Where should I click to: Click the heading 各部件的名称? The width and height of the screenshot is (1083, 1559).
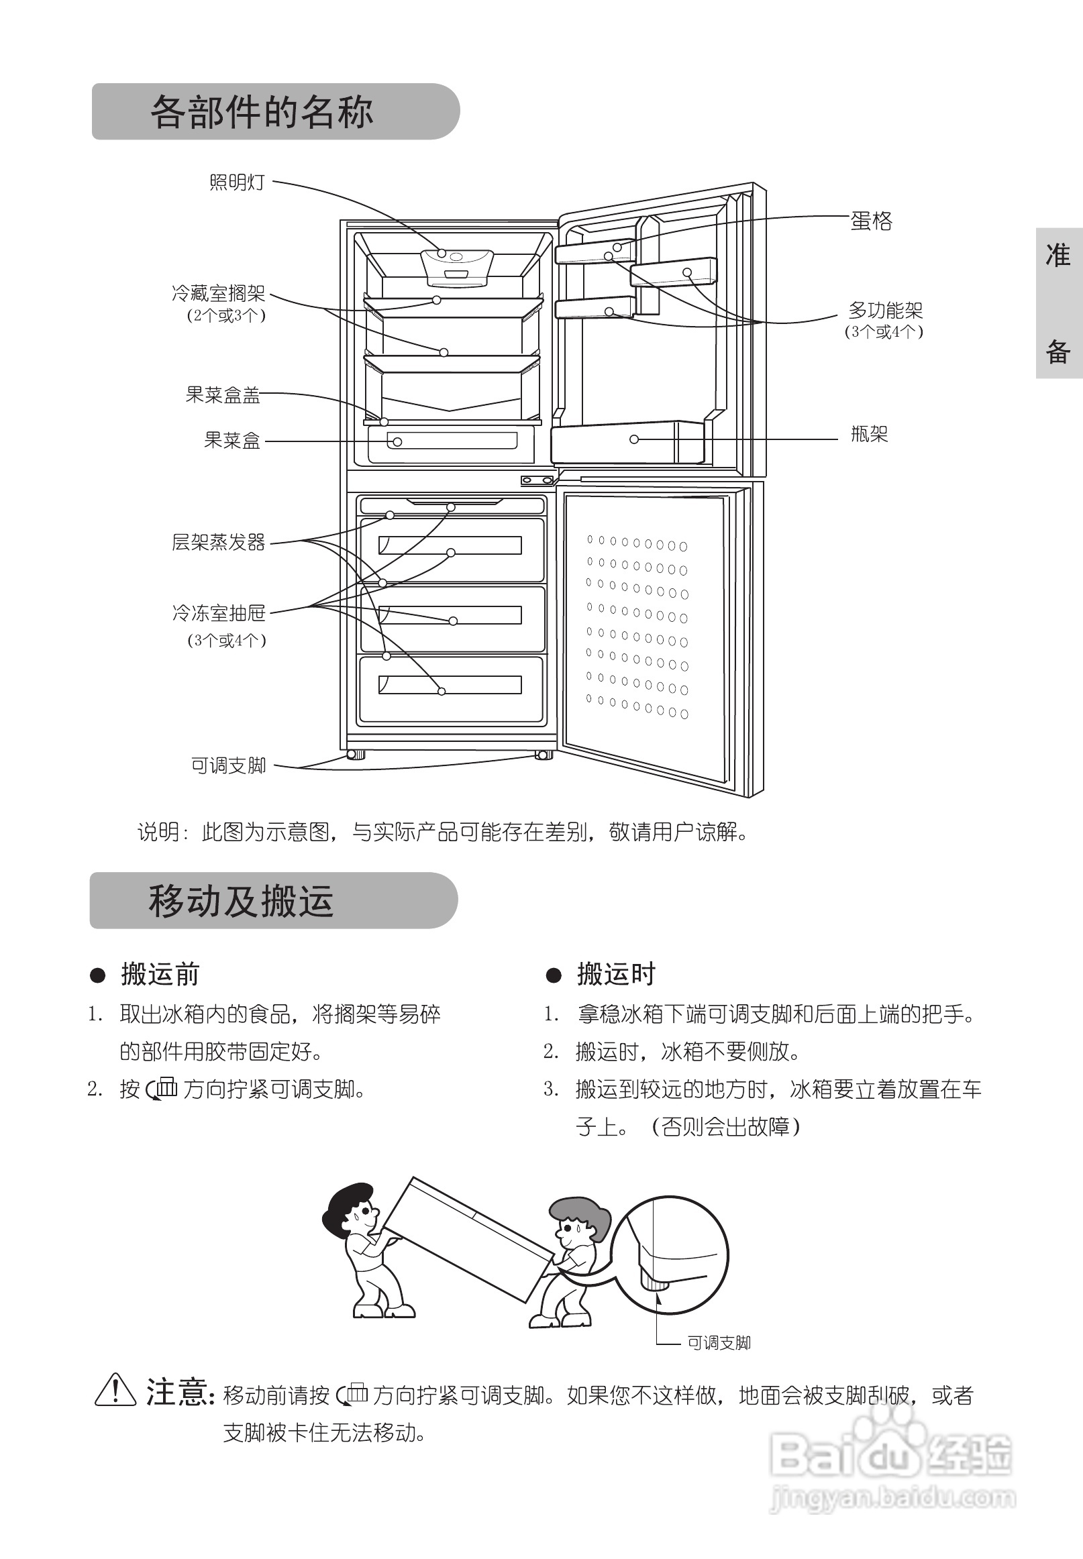pos(261,112)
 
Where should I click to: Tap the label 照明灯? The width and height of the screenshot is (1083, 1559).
pos(237,182)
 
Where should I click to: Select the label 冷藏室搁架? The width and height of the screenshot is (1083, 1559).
pos(219,294)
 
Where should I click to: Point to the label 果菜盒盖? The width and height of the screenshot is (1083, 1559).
pos(223,395)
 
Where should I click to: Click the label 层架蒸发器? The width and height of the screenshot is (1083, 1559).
pos(219,543)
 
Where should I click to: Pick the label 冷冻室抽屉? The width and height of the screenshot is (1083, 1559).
pos(219,614)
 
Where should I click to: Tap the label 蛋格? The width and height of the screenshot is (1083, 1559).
pos(871,221)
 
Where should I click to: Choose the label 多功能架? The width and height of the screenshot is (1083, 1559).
pos(885,311)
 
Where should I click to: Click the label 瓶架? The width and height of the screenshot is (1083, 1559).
pos(869,434)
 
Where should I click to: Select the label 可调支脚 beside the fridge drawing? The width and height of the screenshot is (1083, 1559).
pos(229,766)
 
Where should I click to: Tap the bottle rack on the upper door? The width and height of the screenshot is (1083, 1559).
pos(626,441)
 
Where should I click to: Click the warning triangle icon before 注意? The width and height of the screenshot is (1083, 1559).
pos(115,1390)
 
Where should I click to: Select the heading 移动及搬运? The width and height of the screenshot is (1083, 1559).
pos(241,902)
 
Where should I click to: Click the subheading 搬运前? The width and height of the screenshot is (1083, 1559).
pos(160,974)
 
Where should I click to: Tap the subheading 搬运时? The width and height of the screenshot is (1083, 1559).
pos(616,974)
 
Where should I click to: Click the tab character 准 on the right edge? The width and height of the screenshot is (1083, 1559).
pos(1058,255)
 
